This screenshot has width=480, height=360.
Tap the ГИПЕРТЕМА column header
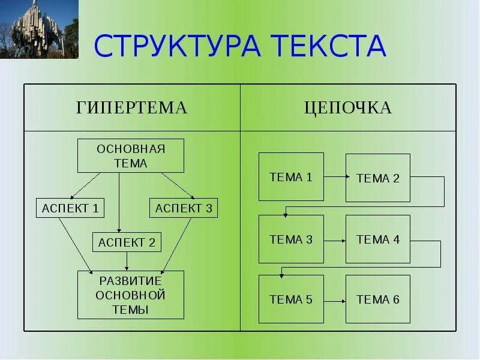[132, 108]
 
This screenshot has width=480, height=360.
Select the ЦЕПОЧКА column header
[348, 108]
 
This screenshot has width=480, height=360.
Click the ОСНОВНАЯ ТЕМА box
[131, 155]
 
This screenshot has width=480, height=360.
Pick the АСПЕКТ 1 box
[70, 208]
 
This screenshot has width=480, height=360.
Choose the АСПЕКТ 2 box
[127, 242]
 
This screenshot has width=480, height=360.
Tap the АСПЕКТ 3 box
[184, 208]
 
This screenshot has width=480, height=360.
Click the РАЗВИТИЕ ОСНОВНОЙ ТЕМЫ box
[131, 295]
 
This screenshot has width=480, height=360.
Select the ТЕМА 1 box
[291, 176]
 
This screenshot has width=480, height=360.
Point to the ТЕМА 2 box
[378, 178]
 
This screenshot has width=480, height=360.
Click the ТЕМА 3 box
[291, 239]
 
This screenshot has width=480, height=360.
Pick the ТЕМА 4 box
[378, 239]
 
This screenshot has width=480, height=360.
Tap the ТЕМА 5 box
[291, 299]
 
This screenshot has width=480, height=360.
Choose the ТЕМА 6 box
[378, 299]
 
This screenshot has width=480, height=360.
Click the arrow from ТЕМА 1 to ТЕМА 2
[335, 177]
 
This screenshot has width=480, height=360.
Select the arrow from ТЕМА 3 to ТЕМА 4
[335, 240]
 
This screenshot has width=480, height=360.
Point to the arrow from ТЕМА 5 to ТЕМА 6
[335, 300]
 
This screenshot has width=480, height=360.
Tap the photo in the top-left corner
[39, 29]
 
